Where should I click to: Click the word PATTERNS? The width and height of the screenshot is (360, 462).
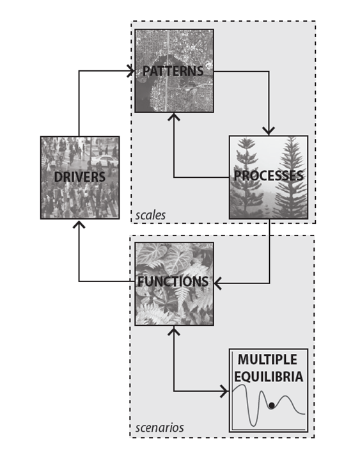[173, 71]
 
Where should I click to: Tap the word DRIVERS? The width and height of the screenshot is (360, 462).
[80, 177]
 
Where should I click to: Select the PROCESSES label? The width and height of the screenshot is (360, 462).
[269, 175]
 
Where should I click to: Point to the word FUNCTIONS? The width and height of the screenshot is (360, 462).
[173, 282]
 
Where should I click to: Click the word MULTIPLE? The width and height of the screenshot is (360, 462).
[267, 360]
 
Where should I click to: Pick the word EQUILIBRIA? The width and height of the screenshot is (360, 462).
[269, 376]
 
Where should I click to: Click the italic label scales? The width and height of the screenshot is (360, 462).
[150, 216]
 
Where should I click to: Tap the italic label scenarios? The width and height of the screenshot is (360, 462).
[160, 427]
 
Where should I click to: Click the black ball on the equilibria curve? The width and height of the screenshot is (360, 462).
[272, 406]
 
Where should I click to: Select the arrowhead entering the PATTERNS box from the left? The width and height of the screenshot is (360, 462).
[131, 71]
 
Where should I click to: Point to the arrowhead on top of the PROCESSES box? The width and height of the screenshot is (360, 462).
[269, 131]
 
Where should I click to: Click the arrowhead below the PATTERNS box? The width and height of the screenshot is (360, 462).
[174, 116]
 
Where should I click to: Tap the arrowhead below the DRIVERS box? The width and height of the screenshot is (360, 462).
[79, 223]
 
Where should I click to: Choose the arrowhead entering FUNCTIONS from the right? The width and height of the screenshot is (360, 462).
[218, 283]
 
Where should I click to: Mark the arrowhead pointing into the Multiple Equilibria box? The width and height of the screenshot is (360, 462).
[225, 391]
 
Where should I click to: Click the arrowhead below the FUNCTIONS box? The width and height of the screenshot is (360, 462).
[174, 330]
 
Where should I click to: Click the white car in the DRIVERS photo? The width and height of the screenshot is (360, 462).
[104, 161]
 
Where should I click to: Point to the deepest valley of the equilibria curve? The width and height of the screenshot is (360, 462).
[253, 425]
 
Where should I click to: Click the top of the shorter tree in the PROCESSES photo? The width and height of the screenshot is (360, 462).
[246, 139]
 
